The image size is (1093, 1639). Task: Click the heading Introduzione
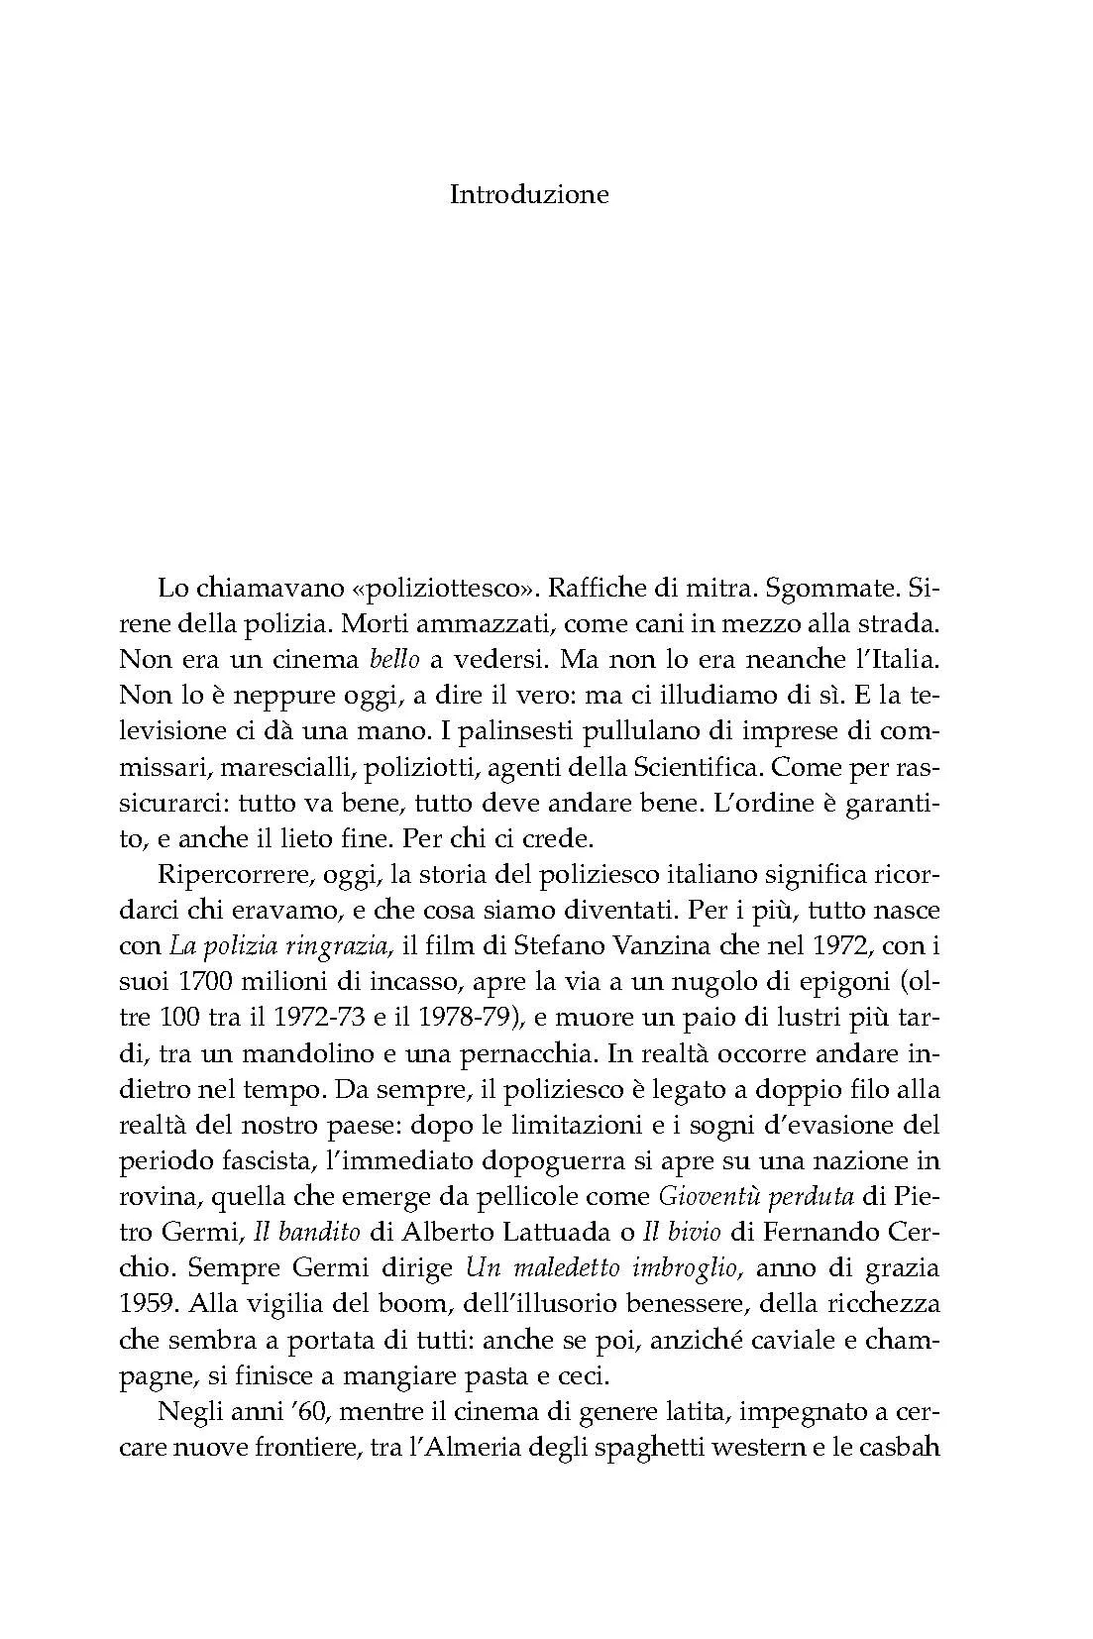pos(529,194)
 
